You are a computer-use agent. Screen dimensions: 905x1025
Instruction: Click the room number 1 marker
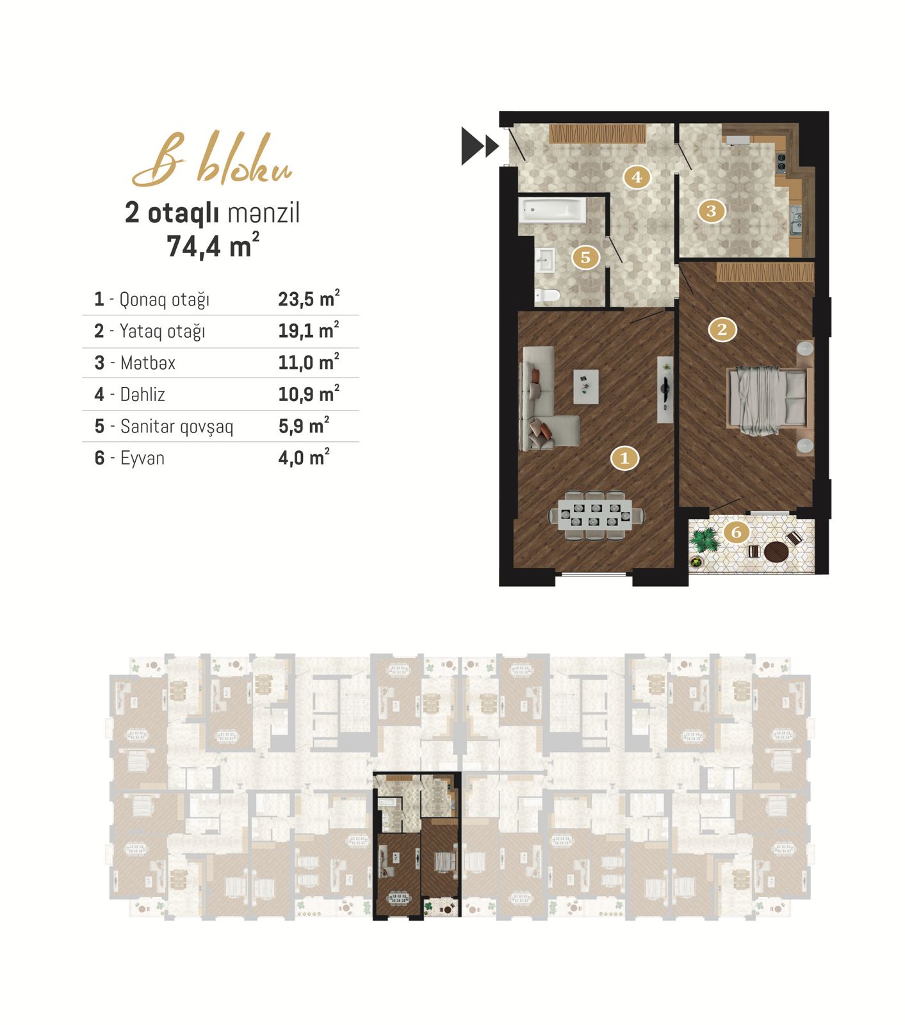click(x=624, y=458)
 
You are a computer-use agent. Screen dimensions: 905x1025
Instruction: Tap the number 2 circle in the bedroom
click(x=722, y=329)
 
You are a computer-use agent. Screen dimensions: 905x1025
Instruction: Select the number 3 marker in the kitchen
click(x=711, y=211)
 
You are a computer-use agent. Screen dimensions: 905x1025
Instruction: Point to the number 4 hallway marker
click(x=636, y=177)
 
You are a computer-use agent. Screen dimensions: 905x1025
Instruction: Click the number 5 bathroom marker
click(x=585, y=257)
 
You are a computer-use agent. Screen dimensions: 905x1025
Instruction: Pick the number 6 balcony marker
click(x=736, y=532)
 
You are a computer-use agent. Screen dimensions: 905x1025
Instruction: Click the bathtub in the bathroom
click(x=552, y=209)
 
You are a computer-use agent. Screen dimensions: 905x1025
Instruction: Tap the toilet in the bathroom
click(x=548, y=295)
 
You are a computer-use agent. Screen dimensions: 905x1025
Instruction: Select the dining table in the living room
click(x=596, y=516)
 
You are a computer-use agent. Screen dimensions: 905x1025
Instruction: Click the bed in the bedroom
click(x=767, y=398)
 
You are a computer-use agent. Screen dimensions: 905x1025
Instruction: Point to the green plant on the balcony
click(x=705, y=541)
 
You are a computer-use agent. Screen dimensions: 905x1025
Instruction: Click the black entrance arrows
click(x=480, y=146)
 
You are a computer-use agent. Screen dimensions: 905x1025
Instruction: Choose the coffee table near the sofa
click(x=586, y=386)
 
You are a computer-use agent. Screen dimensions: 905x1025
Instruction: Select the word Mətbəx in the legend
click(x=148, y=363)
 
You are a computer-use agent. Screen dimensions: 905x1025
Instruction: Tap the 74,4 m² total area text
click(x=213, y=246)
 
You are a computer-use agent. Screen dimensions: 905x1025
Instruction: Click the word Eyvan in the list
click(x=142, y=459)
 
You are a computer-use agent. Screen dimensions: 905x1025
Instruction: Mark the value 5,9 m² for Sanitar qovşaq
click(x=304, y=426)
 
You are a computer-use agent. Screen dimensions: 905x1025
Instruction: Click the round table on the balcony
click(x=777, y=552)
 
